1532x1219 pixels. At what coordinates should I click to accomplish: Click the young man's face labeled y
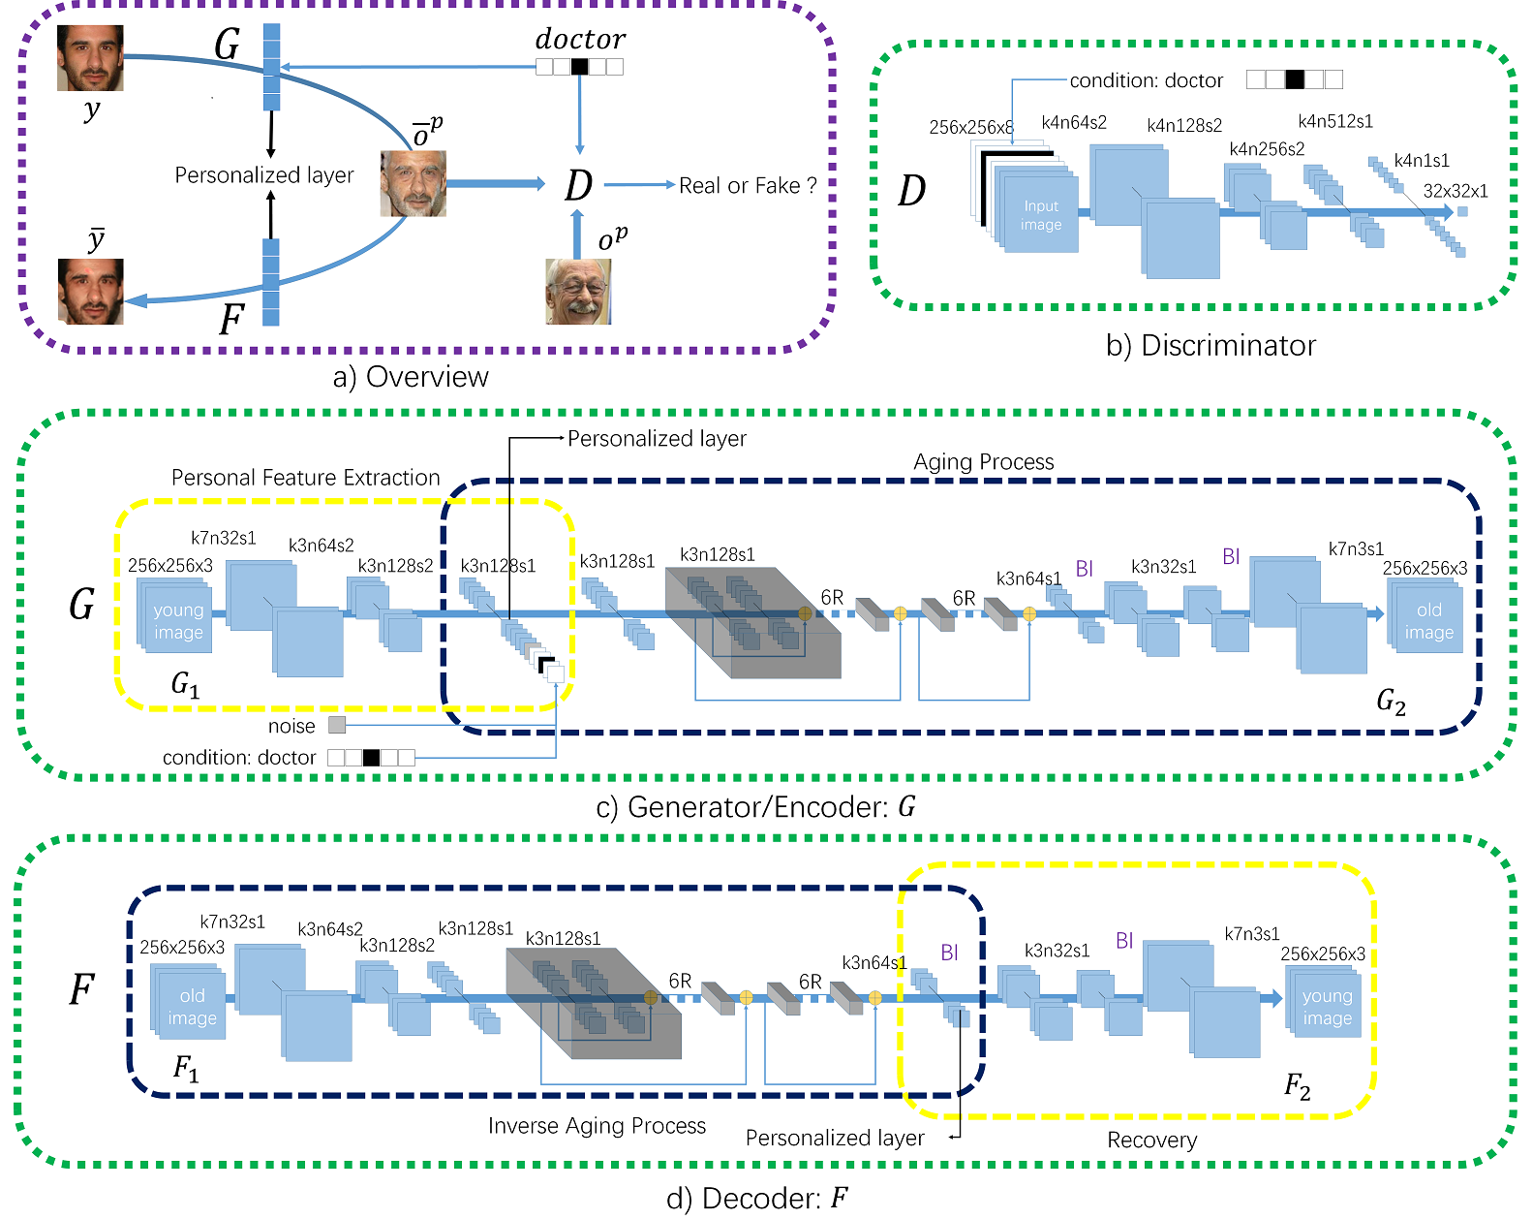tap(90, 58)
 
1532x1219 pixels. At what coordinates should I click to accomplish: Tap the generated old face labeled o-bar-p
tap(413, 183)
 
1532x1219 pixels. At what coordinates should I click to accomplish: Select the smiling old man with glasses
tap(578, 292)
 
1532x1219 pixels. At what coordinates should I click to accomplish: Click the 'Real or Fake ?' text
tap(748, 185)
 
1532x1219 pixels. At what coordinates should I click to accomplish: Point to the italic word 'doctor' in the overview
tap(580, 39)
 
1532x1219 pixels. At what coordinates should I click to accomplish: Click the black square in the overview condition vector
tap(579, 67)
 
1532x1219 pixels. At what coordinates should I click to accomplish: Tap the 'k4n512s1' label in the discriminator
tap(1334, 121)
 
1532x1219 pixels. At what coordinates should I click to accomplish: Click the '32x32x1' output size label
tap(1455, 191)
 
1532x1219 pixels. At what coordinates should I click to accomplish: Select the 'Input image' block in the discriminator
tap(1040, 214)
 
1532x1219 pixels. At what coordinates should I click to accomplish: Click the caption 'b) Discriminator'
tap(1210, 346)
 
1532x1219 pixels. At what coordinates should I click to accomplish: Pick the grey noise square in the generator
tap(337, 725)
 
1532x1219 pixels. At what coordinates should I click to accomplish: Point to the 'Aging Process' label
tap(983, 461)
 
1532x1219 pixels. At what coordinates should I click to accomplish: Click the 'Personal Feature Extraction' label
tap(305, 478)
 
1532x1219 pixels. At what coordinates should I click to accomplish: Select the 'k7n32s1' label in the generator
tap(223, 538)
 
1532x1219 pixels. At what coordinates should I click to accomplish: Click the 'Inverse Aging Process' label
tap(597, 1125)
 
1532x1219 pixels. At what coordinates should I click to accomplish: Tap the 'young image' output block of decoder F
tap(1327, 1006)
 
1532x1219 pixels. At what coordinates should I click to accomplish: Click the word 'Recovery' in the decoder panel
tap(1151, 1140)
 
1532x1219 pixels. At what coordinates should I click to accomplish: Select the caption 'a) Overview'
tap(411, 377)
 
